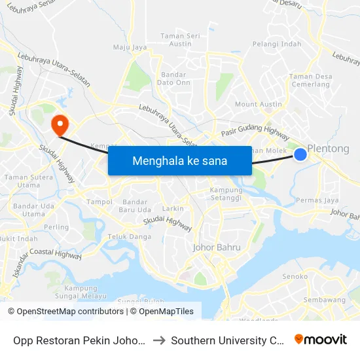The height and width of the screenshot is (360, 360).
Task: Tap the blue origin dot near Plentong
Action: (300, 154)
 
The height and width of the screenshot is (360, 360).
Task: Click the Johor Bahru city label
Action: (217, 247)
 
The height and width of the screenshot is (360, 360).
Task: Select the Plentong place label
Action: (329, 149)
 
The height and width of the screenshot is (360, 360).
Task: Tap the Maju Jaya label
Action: (130, 47)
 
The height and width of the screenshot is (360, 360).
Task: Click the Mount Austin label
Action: (258, 105)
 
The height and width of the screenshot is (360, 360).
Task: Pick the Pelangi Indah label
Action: (276, 45)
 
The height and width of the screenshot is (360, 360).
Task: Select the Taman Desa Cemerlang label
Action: (310, 81)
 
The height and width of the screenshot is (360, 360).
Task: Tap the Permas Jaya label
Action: (317, 200)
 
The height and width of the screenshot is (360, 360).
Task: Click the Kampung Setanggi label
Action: (226, 194)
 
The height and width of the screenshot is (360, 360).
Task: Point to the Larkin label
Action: (173, 208)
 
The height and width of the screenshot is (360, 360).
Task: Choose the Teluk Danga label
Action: (130, 237)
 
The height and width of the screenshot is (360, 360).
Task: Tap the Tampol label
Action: (100, 202)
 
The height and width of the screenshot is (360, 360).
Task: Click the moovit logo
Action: (320, 339)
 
